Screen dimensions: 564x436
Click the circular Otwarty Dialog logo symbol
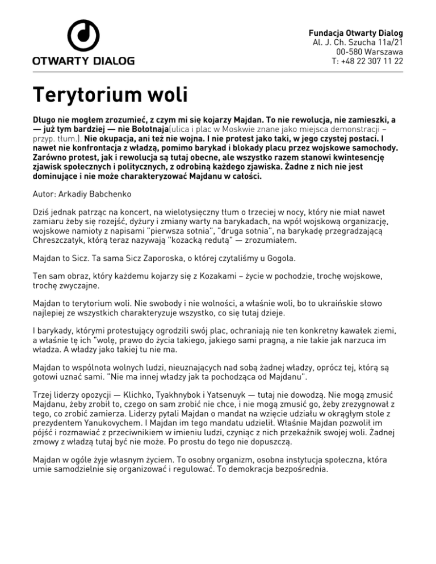point(83,35)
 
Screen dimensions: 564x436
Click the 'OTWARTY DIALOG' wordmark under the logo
point(83,61)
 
